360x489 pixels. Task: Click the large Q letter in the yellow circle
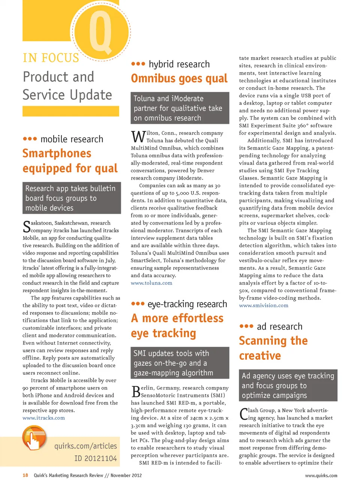(100, 32)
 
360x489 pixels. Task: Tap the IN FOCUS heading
(51, 58)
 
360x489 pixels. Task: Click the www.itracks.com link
(43, 418)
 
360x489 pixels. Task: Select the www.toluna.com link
(151, 283)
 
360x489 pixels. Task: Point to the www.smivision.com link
(264, 305)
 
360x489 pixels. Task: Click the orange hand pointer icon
(34, 438)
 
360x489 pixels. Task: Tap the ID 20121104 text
(95, 458)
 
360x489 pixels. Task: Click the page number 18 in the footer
(25, 476)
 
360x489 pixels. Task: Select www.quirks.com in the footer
(321, 476)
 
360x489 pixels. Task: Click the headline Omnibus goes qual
(179, 78)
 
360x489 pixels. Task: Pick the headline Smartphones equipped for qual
(70, 161)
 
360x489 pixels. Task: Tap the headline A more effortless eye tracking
(177, 326)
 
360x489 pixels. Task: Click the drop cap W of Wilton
(138, 137)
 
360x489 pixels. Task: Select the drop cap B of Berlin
(136, 392)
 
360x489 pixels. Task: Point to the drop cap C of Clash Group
(244, 414)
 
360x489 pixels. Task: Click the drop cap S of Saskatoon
(27, 227)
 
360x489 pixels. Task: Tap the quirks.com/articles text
(85, 446)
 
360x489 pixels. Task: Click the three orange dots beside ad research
(246, 326)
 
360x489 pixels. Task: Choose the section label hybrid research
(179, 64)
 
